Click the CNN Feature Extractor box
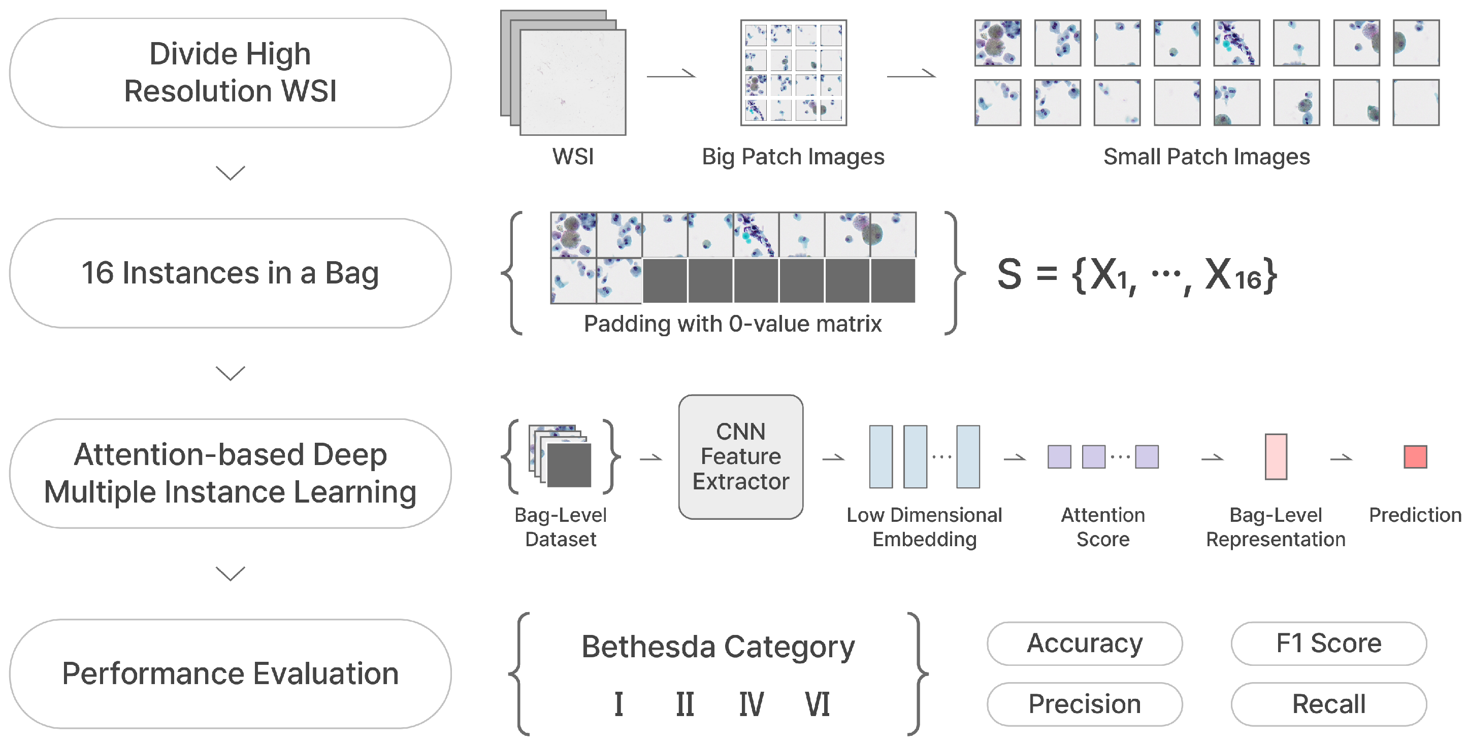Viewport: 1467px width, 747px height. (x=740, y=457)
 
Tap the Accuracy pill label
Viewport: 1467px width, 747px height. (x=1084, y=644)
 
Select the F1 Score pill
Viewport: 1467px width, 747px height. (x=1328, y=644)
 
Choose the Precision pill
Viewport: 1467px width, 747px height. (x=1084, y=704)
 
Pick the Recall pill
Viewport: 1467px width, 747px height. (x=1328, y=704)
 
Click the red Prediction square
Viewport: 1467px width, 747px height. (x=1415, y=457)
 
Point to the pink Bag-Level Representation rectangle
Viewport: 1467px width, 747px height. (x=1276, y=457)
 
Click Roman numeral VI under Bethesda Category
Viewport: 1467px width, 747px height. (x=817, y=704)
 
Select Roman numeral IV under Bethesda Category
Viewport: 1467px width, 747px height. (x=751, y=704)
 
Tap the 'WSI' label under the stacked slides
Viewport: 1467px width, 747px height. (x=573, y=157)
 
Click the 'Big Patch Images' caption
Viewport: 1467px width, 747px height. (x=793, y=157)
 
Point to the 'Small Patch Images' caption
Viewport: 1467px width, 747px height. (x=1206, y=157)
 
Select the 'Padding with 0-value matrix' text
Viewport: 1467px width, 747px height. (x=732, y=324)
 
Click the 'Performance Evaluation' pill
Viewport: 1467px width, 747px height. (x=230, y=673)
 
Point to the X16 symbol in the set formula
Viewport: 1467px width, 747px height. (x=1233, y=275)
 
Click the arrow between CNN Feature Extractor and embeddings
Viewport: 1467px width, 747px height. (x=833, y=457)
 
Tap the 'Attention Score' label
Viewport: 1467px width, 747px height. (x=1102, y=527)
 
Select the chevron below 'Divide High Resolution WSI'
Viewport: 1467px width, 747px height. (x=230, y=172)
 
